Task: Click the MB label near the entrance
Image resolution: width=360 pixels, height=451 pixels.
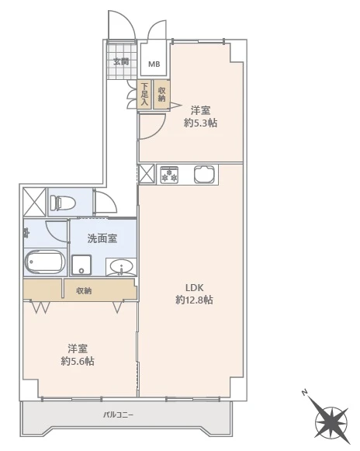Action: coord(154,64)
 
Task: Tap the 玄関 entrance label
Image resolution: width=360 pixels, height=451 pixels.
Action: coord(121,61)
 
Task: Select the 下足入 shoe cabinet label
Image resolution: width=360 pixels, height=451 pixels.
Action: coord(144,94)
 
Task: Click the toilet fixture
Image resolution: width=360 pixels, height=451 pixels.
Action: coord(62,203)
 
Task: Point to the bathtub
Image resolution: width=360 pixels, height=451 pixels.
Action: coord(44,262)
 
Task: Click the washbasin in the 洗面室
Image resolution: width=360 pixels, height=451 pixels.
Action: coord(121,266)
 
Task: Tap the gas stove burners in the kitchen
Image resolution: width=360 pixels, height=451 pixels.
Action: coord(169,175)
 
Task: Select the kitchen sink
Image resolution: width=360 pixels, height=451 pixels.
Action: coord(205,175)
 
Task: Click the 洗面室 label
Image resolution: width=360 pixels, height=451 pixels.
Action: coord(102,238)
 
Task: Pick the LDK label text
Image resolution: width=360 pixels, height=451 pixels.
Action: coord(195,287)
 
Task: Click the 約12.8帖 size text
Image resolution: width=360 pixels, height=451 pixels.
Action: coord(195,300)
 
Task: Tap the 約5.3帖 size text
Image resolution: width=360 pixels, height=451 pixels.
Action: coord(201,123)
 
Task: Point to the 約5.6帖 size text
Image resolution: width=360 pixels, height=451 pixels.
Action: coord(78,361)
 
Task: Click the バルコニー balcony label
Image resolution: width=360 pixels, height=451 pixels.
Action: coord(118,415)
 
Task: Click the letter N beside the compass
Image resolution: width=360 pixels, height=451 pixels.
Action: coord(304,392)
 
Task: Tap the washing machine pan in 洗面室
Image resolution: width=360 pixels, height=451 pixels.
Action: coord(81,265)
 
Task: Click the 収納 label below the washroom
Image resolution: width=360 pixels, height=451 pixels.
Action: coord(84,291)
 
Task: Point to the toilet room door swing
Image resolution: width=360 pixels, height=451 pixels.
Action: coord(106,202)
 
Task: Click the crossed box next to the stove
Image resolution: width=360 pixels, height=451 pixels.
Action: coord(147,175)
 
